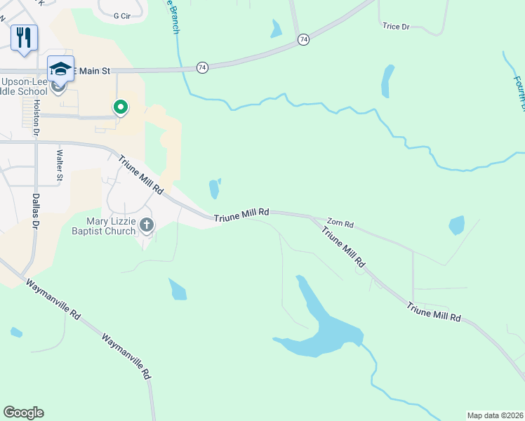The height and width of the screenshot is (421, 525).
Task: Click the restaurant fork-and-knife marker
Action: pyautogui.click(x=24, y=38)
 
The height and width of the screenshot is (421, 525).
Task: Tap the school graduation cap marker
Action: pyautogui.click(x=61, y=69)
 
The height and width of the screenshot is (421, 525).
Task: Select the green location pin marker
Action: pyautogui.click(x=121, y=107)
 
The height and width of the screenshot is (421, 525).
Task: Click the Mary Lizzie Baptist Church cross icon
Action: pyautogui.click(x=147, y=225)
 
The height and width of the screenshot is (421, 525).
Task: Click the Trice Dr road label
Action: pyautogui.click(x=396, y=27)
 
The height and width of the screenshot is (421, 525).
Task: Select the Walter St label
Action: pyautogui.click(x=60, y=165)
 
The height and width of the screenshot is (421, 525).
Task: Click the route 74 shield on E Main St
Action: pyautogui.click(x=202, y=67)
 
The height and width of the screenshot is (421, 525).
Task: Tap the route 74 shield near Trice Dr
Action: pyautogui.click(x=303, y=40)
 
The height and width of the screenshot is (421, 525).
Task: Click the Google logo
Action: pyautogui.click(x=23, y=413)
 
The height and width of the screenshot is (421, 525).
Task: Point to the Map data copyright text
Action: pyautogui.click(x=495, y=415)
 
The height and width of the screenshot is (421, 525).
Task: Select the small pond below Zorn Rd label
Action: pyautogui.click(x=456, y=225)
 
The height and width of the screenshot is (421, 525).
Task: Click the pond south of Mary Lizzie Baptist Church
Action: pyautogui.click(x=178, y=289)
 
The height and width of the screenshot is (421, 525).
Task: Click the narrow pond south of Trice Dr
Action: pyautogui.click(x=387, y=81)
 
